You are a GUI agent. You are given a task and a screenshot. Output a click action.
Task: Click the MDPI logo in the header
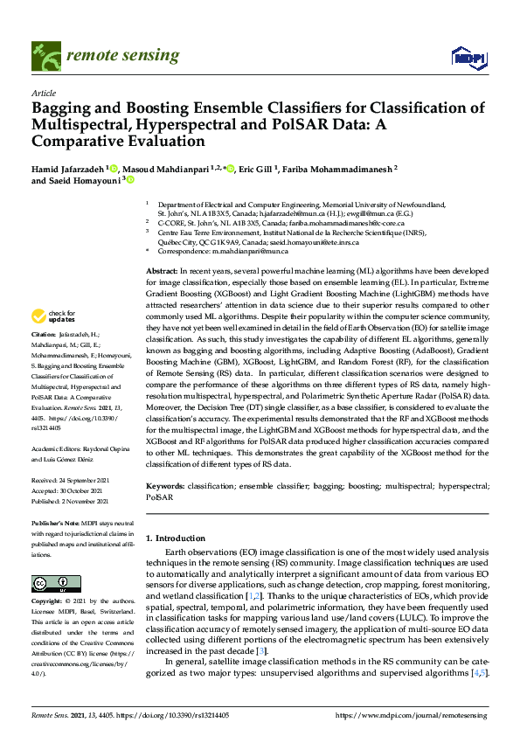(468, 59)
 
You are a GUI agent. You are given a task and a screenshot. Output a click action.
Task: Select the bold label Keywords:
(166, 484)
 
